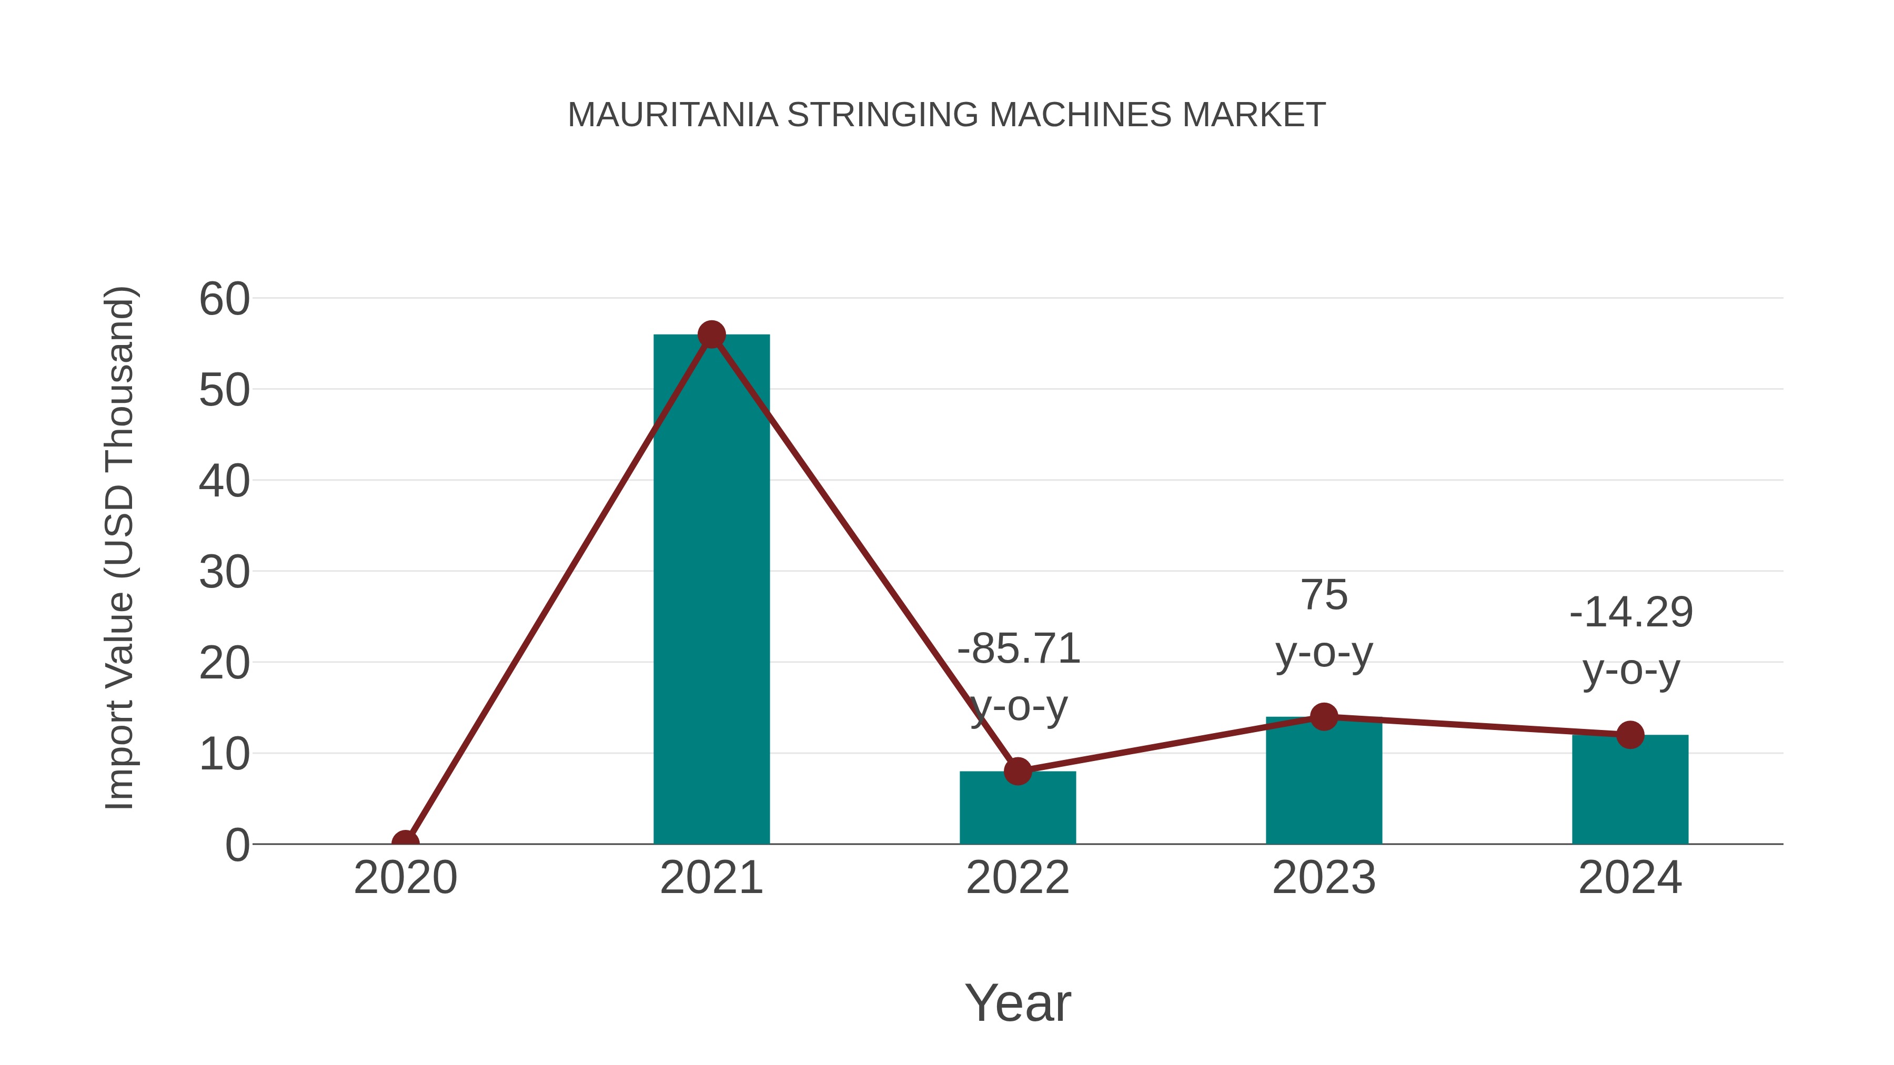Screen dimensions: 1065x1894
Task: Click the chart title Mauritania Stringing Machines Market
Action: pos(946,115)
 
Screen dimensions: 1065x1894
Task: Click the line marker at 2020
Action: pos(405,843)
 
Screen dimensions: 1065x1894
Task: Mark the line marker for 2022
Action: pos(1017,771)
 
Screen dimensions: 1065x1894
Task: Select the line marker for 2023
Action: pos(1324,717)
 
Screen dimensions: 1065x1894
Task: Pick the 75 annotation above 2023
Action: pos(1324,595)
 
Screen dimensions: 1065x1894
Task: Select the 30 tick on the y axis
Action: pos(224,573)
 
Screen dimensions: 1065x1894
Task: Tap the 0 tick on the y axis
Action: pos(237,845)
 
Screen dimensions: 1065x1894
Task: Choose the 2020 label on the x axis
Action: pos(405,878)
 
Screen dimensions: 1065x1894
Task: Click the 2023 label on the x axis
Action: pos(1324,878)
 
